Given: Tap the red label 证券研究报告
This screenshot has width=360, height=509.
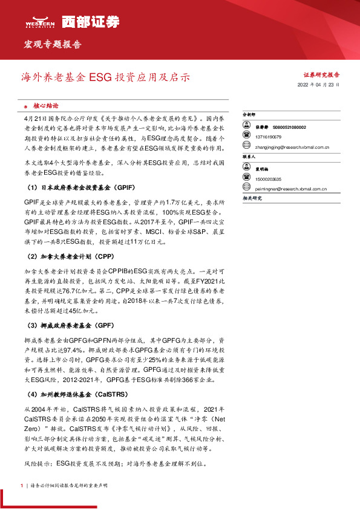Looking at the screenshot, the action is coord(321,75).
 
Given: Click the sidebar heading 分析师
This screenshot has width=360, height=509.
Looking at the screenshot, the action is coord(249,114).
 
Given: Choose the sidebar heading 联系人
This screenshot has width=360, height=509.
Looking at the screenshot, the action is coord(249,156).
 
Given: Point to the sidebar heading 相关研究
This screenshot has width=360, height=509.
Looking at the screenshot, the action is coord(252,198).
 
